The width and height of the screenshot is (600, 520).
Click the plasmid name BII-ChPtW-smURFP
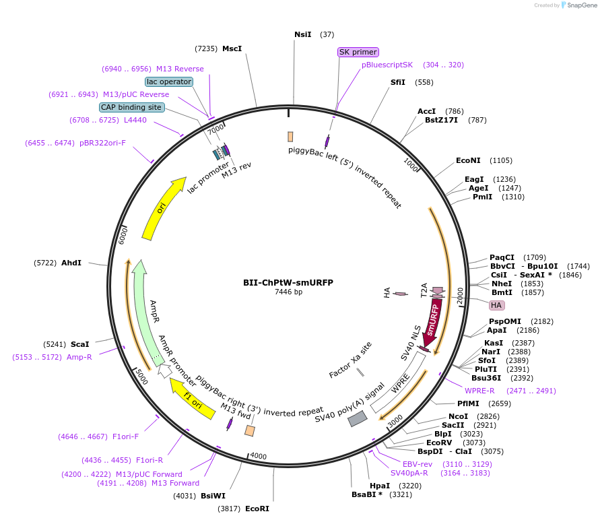[288, 282]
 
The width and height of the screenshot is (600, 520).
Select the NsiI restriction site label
[303, 34]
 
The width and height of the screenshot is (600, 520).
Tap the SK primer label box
[358, 52]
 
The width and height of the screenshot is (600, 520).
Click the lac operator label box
[169, 82]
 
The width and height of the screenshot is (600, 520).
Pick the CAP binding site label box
[131, 107]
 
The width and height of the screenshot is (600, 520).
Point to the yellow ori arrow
[162, 208]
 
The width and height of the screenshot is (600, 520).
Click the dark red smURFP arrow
[432, 321]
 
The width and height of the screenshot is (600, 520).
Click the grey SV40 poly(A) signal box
[358, 418]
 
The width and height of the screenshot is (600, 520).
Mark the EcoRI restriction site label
[257, 509]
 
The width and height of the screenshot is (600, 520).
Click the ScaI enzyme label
[79, 344]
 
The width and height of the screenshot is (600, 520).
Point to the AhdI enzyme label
[71, 262]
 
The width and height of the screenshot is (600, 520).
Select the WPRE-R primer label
[479, 391]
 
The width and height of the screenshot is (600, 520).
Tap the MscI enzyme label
[232, 48]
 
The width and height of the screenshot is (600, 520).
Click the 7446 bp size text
[288, 292]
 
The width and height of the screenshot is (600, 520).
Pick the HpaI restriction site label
[380, 486]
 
